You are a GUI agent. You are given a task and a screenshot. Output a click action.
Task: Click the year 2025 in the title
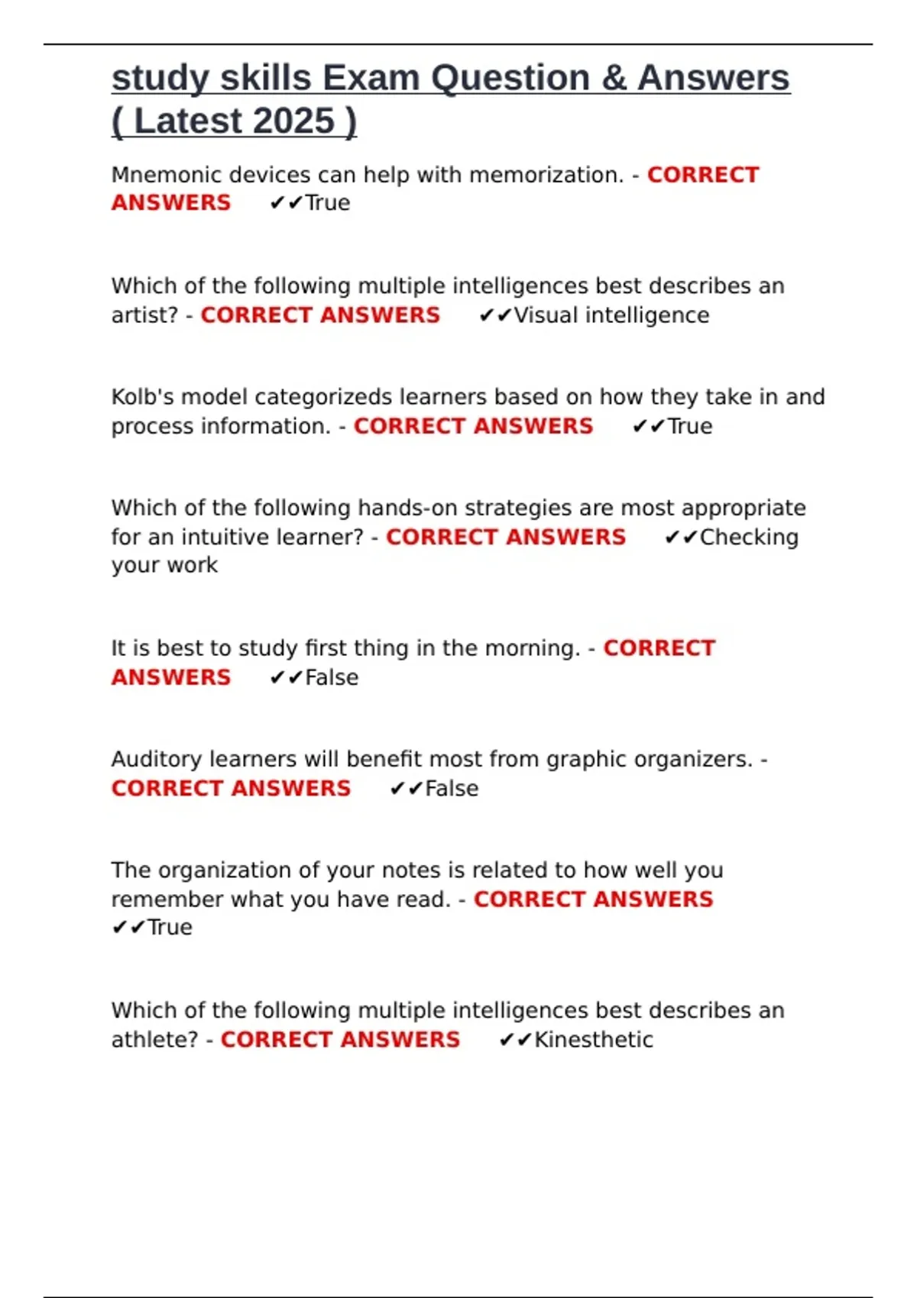point(293,121)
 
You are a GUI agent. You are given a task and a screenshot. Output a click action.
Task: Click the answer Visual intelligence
point(611,315)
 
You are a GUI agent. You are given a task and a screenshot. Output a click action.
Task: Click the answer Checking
point(749,537)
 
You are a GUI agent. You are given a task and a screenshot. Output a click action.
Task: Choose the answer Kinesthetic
point(594,1039)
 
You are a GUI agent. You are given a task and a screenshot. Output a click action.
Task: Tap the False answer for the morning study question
point(332,677)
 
